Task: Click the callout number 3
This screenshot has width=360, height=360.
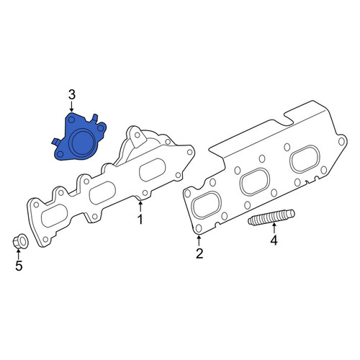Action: pyautogui.click(x=72, y=95)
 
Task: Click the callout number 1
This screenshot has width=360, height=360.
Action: pyautogui.click(x=140, y=219)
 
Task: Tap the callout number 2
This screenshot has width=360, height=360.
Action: pyautogui.click(x=199, y=253)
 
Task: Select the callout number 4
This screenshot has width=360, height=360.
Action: pyautogui.click(x=274, y=240)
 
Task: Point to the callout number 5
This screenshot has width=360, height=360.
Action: pyautogui.click(x=19, y=266)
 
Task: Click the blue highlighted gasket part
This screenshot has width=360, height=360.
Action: pyautogui.click(x=79, y=137)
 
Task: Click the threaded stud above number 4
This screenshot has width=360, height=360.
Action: pyautogui.click(x=271, y=217)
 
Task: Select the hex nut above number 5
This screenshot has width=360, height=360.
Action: pyautogui.click(x=20, y=240)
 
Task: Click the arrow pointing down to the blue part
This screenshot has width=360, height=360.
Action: pyautogui.click(x=71, y=107)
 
